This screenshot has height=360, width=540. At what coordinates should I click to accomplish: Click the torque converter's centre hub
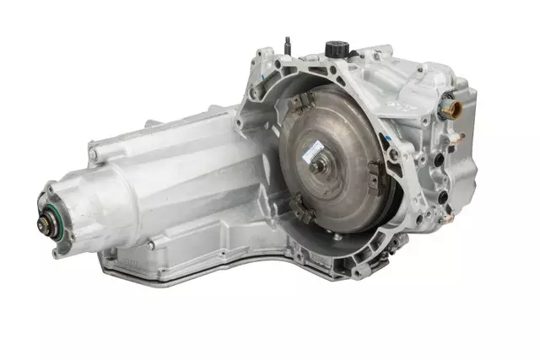point(319,164)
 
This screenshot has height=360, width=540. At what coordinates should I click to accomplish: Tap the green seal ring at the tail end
point(42,207)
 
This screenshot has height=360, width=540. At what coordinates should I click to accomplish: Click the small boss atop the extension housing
point(152,123)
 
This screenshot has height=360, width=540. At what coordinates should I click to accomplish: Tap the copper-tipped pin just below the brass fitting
point(458,135)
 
